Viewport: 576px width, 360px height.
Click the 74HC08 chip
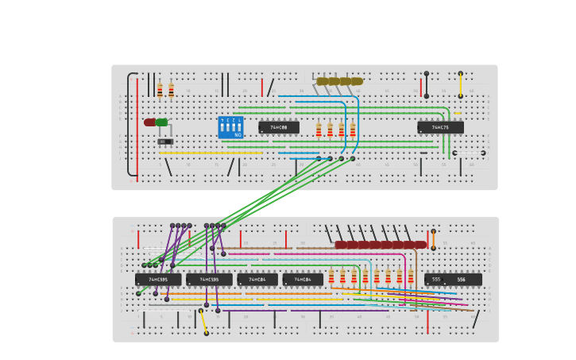click(279, 127)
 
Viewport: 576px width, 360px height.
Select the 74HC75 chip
click(440, 127)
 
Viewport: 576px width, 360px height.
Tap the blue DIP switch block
click(230, 127)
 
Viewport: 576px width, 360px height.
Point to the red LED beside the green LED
click(149, 122)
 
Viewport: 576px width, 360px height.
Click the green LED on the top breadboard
click(162, 122)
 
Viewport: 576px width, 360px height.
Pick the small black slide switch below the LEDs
click(164, 141)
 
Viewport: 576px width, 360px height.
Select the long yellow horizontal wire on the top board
click(211, 153)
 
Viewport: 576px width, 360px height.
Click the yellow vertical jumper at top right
click(460, 84)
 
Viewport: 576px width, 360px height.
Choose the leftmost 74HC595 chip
click(158, 280)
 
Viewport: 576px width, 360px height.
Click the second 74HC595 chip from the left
click(209, 280)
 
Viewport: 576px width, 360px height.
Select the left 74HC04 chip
click(257, 280)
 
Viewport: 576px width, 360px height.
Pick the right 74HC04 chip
click(303, 280)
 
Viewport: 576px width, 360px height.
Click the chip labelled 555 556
click(453, 280)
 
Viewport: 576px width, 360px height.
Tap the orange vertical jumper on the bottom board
click(433, 238)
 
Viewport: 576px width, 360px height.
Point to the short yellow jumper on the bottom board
click(203, 322)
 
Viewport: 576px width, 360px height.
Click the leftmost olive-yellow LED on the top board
click(322, 81)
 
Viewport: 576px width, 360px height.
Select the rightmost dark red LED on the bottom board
click(420, 245)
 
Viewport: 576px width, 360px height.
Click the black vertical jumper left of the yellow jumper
click(426, 84)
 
